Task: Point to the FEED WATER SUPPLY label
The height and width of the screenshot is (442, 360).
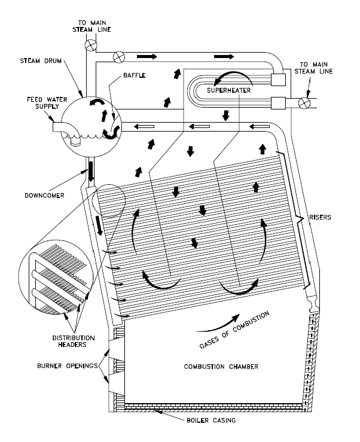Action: pos(26,105)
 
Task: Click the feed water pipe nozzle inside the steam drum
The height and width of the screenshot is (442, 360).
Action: pos(76,142)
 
